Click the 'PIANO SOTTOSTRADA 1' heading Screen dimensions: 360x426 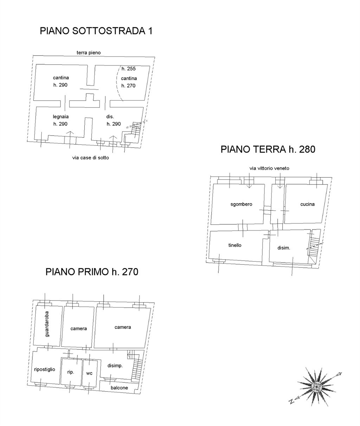[x=96, y=31]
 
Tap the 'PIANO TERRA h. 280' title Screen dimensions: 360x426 [x=268, y=149]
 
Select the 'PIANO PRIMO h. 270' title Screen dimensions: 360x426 [x=92, y=272]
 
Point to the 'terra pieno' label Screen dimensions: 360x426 [x=89, y=53]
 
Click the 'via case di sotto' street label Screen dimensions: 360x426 [x=90, y=158]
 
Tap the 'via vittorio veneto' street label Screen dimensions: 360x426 [x=269, y=168]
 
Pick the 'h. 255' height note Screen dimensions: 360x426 [x=129, y=69]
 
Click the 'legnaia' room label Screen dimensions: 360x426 [x=60, y=117]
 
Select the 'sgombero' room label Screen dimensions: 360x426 [x=241, y=204]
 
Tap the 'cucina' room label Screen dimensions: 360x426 [x=307, y=204]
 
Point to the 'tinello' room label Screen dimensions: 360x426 [x=235, y=245]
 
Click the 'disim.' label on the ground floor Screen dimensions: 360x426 [x=284, y=248]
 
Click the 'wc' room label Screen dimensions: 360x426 [x=89, y=373]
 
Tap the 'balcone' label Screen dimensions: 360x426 [x=119, y=388]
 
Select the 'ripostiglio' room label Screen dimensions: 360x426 [x=45, y=369]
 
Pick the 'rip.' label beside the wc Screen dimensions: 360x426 [x=71, y=372]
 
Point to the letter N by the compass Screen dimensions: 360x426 [x=292, y=401]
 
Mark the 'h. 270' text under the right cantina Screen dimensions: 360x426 [x=128, y=86]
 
